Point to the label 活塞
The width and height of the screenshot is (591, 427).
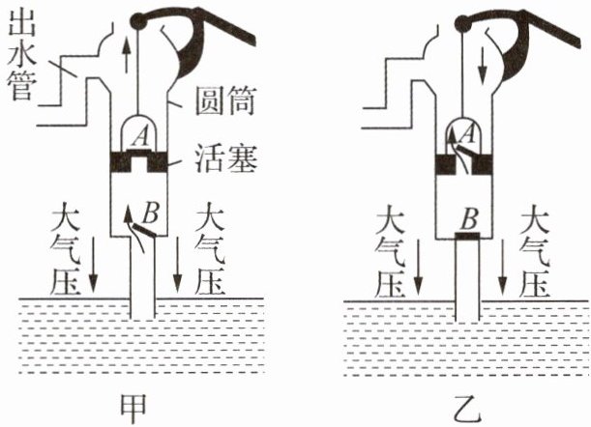[x=224, y=158]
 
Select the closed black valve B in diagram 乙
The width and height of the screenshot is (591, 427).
[x=468, y=233]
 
